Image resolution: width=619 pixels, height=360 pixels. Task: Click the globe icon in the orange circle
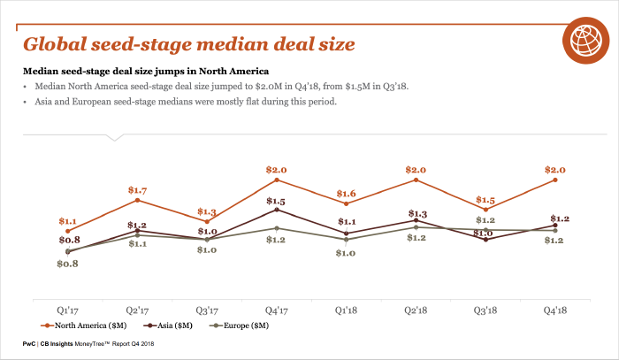pos(582,38)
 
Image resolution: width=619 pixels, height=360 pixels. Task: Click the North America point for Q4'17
pos(277,180)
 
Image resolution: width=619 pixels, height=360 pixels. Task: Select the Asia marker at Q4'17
pos(277,210)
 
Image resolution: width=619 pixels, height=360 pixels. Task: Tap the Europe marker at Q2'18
pos(416,227)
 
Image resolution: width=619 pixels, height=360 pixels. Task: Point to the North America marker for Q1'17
pos(68,231)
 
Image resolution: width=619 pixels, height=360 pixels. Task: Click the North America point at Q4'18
pos(554,180)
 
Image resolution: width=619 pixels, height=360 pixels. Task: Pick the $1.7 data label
pos(137,190)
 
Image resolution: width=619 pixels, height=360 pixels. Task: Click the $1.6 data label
pos(346,194)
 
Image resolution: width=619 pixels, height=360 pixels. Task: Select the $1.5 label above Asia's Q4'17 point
pos(277,200)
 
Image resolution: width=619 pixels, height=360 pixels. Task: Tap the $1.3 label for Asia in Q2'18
pos(416,213)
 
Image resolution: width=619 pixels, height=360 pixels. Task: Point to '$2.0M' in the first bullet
pos(269,87)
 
